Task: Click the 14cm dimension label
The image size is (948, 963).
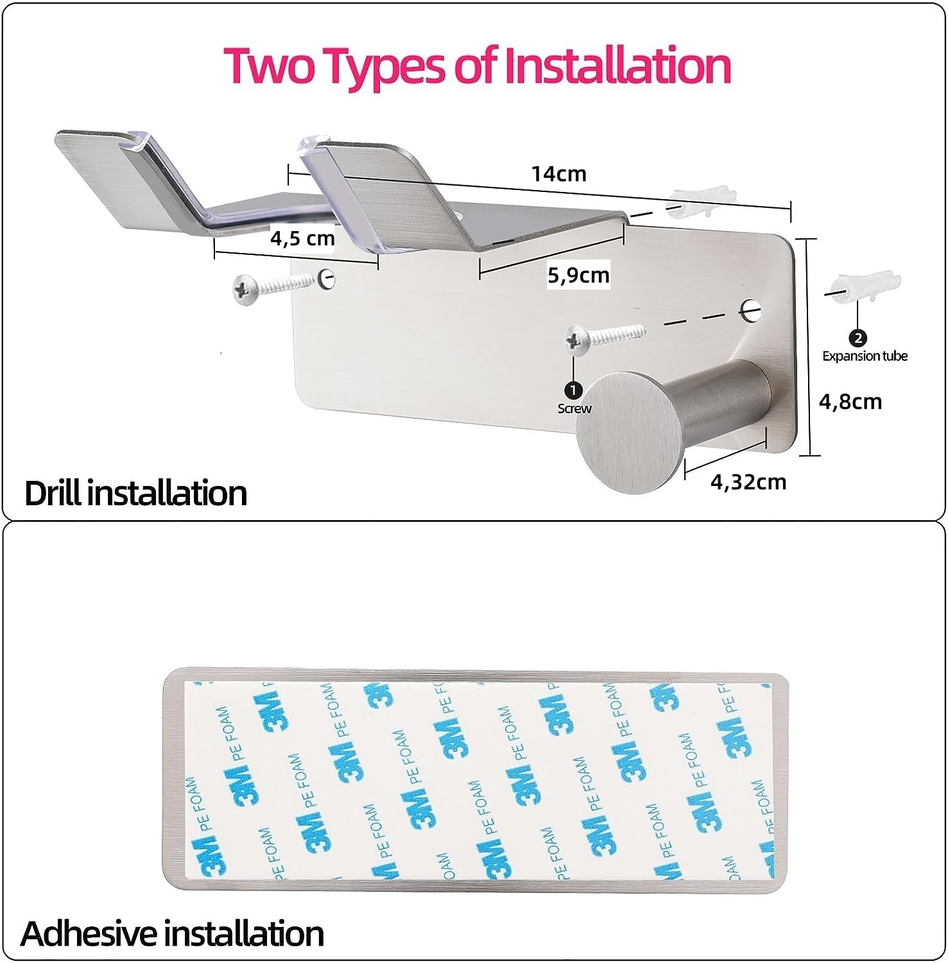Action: click(558, 173)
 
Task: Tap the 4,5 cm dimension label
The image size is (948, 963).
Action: click(302, 238)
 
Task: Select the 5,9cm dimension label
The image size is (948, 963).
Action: click(578, 275)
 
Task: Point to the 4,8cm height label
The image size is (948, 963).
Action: click(850, 402)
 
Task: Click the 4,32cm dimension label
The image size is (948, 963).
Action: click(748, 481)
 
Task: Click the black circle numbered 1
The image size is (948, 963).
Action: click(573, 390)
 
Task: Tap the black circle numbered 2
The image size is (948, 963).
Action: click(858, 338)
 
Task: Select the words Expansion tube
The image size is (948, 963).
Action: click(865, 356)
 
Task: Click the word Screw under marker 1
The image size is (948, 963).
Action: click(574, 408)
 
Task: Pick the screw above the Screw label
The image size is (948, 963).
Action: click(604, 339)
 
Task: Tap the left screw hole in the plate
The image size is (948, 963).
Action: click(327, 278)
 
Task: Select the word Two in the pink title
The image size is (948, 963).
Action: click(270, 65)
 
